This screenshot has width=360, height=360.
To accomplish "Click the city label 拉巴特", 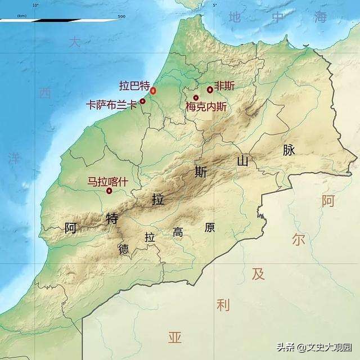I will coord(134,86).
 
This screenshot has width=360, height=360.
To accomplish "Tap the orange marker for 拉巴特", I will coord(153,91).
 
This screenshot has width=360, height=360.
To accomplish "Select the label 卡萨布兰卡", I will coord(111,105).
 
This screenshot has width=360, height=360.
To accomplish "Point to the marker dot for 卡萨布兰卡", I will coord(142,101).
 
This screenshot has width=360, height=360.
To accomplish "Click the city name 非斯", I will coord(224,87).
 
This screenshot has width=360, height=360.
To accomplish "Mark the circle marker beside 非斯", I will coord(210,89).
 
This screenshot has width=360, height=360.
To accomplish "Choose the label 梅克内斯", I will coord(206,105).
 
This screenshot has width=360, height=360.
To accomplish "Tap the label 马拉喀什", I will coord(106,182).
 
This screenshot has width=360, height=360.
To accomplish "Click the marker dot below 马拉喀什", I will coord(109,191).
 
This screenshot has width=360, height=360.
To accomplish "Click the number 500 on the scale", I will coord(121,16).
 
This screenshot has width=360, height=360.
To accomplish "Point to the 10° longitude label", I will coord(35,5).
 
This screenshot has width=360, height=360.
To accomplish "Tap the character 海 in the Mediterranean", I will coord(321,17).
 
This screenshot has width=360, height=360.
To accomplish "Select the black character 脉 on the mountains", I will coord(289,150).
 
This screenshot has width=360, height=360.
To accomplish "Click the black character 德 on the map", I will coord(123,249).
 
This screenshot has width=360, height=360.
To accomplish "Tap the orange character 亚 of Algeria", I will coord(175,337).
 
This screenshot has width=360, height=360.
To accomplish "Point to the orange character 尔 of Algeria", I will coord(298,240).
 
